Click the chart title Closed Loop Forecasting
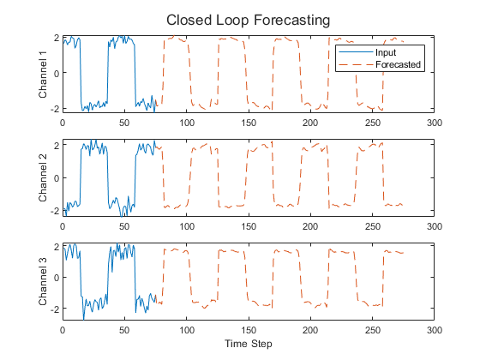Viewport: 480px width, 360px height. click(x=249, y=19)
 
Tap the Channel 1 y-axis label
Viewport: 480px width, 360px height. click(x=44, y=74)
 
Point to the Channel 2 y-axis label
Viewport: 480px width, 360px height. click(x=44, y=178)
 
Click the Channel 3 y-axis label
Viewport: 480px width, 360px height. click(x=44, y=283)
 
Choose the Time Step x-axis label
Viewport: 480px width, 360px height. click(x=249, y=344)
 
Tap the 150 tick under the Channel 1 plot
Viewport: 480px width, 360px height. click(x=249, y=123)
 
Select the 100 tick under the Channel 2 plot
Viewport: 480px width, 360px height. click(x=186, y=227)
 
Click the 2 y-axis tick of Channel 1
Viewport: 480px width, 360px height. click(x=56, y=39)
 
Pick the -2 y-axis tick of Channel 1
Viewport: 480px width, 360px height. click(x=53, y=109)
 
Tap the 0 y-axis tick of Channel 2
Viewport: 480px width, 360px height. click(x=56, y=178)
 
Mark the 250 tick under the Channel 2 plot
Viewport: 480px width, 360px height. click(x=373, y=227)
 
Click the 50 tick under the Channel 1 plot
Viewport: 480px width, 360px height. click(x=124, y=123)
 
